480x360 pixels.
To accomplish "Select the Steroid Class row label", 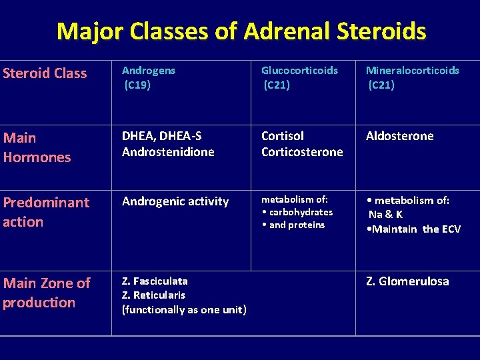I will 45,73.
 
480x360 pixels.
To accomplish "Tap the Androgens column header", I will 148,71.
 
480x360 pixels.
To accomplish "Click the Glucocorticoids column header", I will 299,71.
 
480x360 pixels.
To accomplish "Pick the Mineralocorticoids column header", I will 413,71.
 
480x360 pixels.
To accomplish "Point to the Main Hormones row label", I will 37,147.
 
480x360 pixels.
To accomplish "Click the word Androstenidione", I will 168,152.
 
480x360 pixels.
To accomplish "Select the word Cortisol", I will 283,136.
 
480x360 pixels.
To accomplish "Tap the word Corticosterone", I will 302,152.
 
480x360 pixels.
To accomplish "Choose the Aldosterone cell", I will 399,136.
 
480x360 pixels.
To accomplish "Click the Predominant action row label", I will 45,212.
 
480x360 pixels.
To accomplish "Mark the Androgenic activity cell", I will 175,201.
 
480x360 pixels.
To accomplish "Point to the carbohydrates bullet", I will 297,212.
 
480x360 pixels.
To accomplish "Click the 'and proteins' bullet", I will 293,225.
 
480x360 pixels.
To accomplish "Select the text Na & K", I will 385,215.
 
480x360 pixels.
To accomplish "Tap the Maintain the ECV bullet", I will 413,229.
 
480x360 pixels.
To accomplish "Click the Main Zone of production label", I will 46,293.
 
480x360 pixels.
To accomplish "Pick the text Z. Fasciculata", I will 155,281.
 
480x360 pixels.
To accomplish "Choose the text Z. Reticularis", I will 153,295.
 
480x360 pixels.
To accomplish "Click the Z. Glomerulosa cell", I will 407,281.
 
